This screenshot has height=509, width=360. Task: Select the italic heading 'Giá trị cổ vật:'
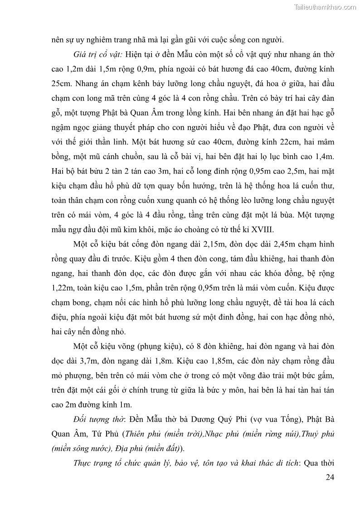pyautogui.click(x=97, y=54)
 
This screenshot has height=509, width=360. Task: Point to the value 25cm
pyautogui.click(x=60, y=84)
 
